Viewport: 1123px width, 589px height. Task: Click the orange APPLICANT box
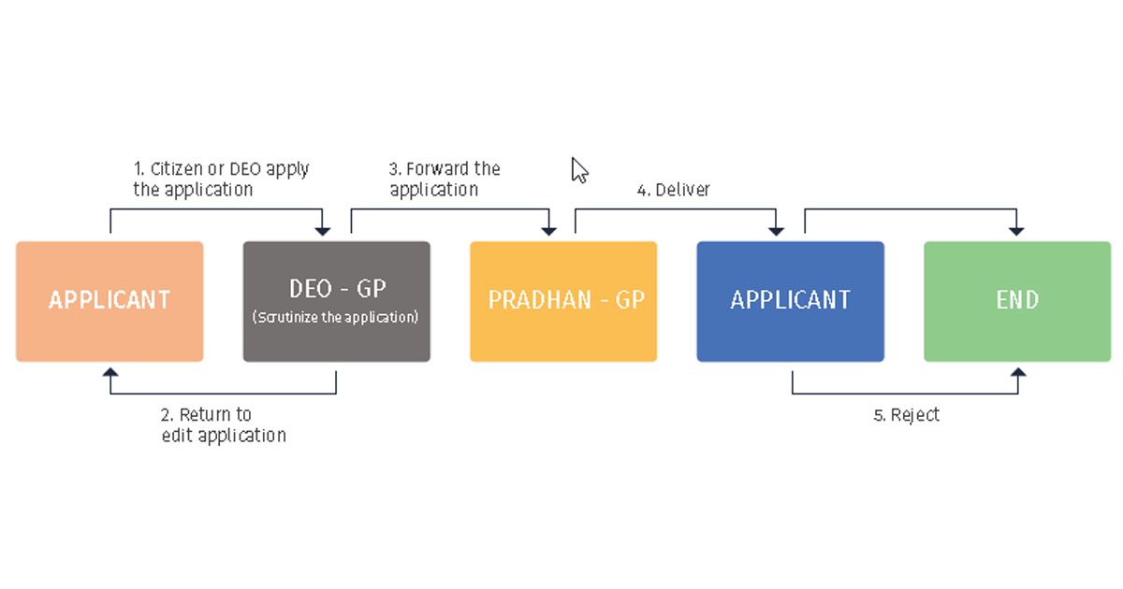pyautogui.click(x=109, y=301)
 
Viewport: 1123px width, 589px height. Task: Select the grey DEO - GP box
pyautogui.click(x=336, y=301)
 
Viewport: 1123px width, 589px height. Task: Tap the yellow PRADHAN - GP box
pyautogui.click(x=563, y=301)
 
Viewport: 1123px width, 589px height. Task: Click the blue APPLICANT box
pyautogui.click(x=790, y=301)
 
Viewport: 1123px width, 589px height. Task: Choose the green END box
pyautogui.click(x=1017, y=301)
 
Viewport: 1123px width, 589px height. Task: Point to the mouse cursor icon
pyautogui.click(x=579, y=170)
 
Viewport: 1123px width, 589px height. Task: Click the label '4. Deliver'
pyautogui.click(x=673, y=190)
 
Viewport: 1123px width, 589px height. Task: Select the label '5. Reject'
pyautogui.click(x=906, y=415)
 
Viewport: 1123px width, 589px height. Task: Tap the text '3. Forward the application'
pyautogui.click(x=444, y=179)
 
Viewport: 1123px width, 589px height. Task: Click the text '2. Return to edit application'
pyautogui.click(x=223, y=424)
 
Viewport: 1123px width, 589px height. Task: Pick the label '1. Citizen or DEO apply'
pyautogui.click(x=221, y=169)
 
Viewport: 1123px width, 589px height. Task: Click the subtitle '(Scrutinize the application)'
pyautogui.click(x=336, y=318)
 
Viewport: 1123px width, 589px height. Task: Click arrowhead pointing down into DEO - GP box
pyautogui.click(x=322, y=230)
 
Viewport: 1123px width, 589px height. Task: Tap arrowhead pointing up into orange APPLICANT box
pyautogui.click(x=110, y=373)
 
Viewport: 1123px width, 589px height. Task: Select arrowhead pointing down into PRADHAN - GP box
pyautogui.click(x=549, y=230)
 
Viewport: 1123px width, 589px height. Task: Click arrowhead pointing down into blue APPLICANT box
pyautogui.click(x=776, y=230)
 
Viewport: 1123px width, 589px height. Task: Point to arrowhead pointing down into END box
pyautogui.click(x=1017, y=230)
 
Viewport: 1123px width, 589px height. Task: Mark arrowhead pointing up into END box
pyautogui.click(x=1017, y=373)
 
